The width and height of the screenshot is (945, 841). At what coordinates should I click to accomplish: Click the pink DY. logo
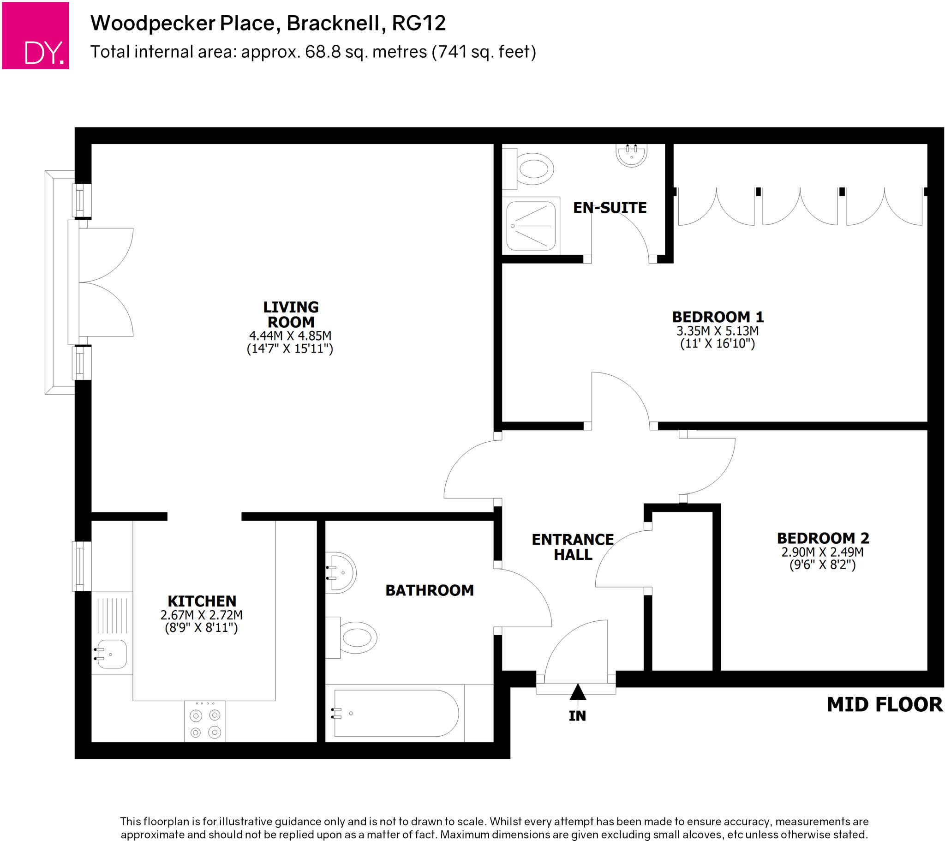[x=36, y=36]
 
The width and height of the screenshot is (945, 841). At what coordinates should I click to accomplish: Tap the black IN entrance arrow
[x=577, y=692]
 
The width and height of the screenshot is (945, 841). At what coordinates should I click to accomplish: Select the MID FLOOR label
[x=885, y=704]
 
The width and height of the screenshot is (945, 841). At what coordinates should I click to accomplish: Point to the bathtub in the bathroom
[x=396, y=713]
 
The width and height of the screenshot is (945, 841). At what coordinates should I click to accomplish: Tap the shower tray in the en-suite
[x=531, y=226]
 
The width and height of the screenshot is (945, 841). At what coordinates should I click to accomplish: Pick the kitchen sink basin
[x=111, y=654]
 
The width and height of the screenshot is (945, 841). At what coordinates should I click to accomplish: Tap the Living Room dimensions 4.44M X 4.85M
[x=290, y=336]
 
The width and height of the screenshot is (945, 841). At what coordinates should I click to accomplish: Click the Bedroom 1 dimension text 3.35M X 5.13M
[x=718, y=331]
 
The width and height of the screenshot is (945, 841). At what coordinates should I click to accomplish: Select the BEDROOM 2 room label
[x=823, y=539]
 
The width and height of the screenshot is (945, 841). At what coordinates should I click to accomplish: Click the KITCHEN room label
[x=202, y=601]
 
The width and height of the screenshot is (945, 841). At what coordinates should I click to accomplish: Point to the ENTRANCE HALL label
[x=573, y=547]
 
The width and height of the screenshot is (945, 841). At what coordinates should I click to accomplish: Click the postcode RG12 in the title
[x=419, y=23]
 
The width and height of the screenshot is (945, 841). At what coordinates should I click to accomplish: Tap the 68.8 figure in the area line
[x=323, y=52]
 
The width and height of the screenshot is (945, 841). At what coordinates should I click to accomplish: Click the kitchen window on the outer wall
[x=82, y=566]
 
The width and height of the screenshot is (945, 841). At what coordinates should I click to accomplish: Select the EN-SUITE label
[x=610, y=208]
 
